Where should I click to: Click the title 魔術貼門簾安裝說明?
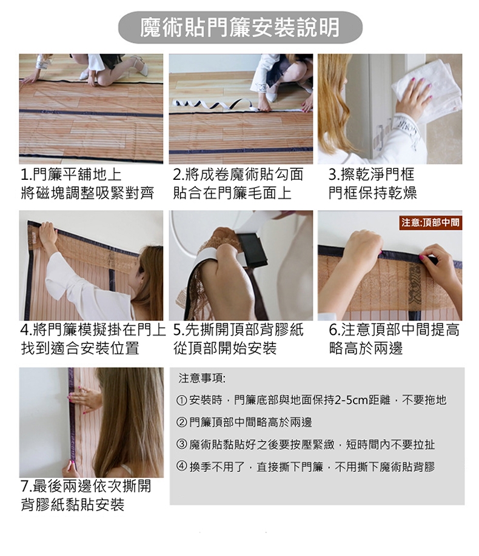tap(240, 28)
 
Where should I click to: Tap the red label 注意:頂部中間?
tap(430, 223)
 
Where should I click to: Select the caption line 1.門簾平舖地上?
tap(71, 174)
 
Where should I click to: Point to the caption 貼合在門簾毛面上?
tap(232, 193)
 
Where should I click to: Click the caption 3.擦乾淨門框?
tap(372, 174)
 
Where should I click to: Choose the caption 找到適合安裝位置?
tap(80, 348)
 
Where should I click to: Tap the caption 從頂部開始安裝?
tap(225, 348)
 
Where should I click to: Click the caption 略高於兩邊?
tap(366, 348)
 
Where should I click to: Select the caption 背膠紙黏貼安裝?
tap(72, 505)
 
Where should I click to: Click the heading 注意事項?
tap(202, 379)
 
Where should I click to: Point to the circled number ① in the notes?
tap(181, 401)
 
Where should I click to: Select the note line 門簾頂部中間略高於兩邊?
tap(250, 423)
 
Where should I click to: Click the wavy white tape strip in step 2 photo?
tap(213, 104)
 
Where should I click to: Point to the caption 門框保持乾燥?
tap(372, 193)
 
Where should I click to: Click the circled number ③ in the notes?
tap(181, 445)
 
